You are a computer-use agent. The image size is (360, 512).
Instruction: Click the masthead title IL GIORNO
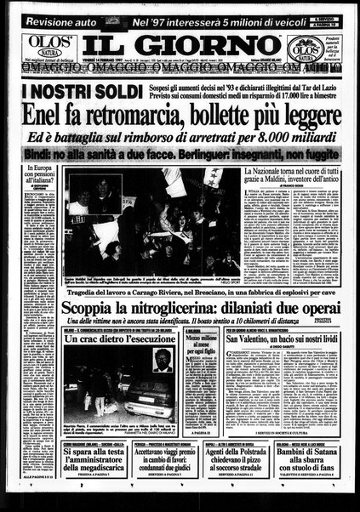tap(180, 42)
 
